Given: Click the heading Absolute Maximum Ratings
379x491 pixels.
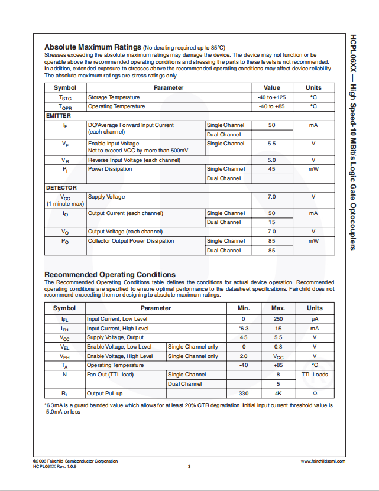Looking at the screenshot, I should (93, 47).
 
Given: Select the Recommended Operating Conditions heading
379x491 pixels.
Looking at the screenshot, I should (110, 275).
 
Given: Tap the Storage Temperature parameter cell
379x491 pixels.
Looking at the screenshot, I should (114, 97).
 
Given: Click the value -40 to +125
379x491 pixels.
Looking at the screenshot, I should (271, 97).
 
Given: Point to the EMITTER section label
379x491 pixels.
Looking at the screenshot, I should (58, 116).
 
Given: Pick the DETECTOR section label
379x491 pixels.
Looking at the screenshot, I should (61, 188).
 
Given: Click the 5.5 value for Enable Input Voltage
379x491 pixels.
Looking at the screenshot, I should (271, 144).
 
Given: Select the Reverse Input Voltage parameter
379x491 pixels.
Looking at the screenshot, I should (134, 160).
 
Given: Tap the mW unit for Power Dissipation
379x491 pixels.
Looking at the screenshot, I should (313, 169).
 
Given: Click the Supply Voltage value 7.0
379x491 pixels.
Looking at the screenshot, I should (271, 197).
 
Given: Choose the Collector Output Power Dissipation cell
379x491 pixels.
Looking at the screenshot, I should (131, 241).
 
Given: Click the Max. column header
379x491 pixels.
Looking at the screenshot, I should (278, 308).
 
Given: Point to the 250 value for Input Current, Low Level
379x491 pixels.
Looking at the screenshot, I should (278, 319).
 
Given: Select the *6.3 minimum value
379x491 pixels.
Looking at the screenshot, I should (243, 329).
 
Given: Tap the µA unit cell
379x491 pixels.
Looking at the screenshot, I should (315, 319).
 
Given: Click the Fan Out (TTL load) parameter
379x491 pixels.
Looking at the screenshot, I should (111, 375).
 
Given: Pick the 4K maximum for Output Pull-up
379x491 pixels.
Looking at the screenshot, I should (278, 394).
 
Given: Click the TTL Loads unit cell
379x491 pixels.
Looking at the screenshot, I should (315, 375).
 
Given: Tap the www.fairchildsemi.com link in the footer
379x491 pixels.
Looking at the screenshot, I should (322, 461).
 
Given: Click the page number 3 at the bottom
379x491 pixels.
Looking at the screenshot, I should (189, 467).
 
